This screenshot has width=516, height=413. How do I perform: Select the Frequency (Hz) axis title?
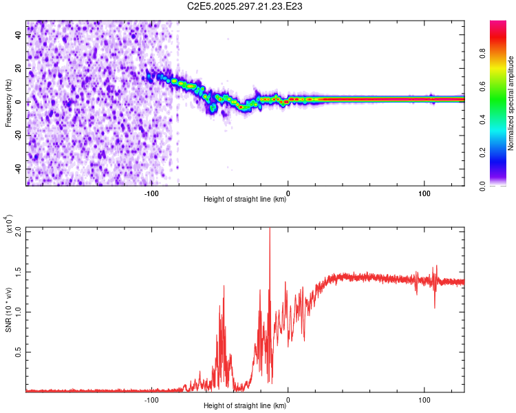pyautogui.click(x=8, y=103)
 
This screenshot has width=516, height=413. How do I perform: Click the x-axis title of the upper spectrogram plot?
pyautogui.click(x=245, y=200)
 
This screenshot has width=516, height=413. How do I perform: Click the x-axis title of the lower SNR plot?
pyautogui.click(x=245, y=406)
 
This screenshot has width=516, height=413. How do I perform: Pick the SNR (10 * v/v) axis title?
pyautogui.click(x=8, y=309)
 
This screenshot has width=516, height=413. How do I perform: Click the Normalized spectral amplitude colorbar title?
pyautogui.click(x=511, y=103)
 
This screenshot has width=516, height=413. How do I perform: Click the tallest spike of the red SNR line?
pyautogui.click(x=270, y=230)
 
